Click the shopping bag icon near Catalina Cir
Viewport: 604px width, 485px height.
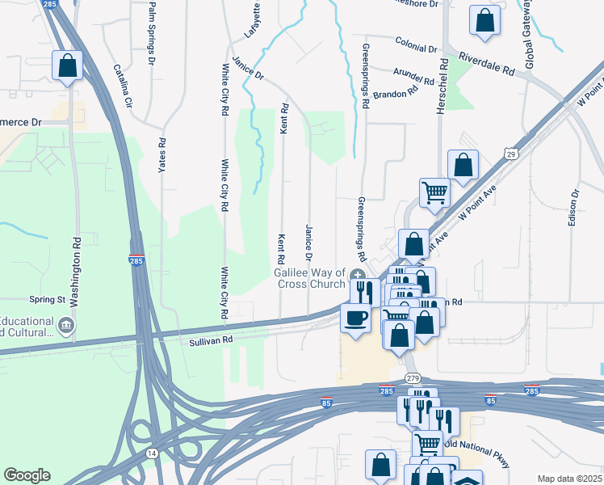pos(68,65)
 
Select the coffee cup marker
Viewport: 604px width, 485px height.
pos(354,317)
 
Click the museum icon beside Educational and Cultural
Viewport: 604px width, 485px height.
pos(66,326)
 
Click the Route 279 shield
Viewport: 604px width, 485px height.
pos(413,378)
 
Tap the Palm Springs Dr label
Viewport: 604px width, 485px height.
pos(150,32)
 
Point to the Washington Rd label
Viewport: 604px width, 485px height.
pos(75,271)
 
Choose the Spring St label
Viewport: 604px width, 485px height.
pos(47,299)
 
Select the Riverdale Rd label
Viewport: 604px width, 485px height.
pos(486,65)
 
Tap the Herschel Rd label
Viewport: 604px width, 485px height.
pos(443,85)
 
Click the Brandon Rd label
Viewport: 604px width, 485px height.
pos(396,93)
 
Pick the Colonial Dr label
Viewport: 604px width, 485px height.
pos(416,44)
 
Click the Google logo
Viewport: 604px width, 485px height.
pos(27,475)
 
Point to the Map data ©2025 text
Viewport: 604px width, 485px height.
pos(570,479)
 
